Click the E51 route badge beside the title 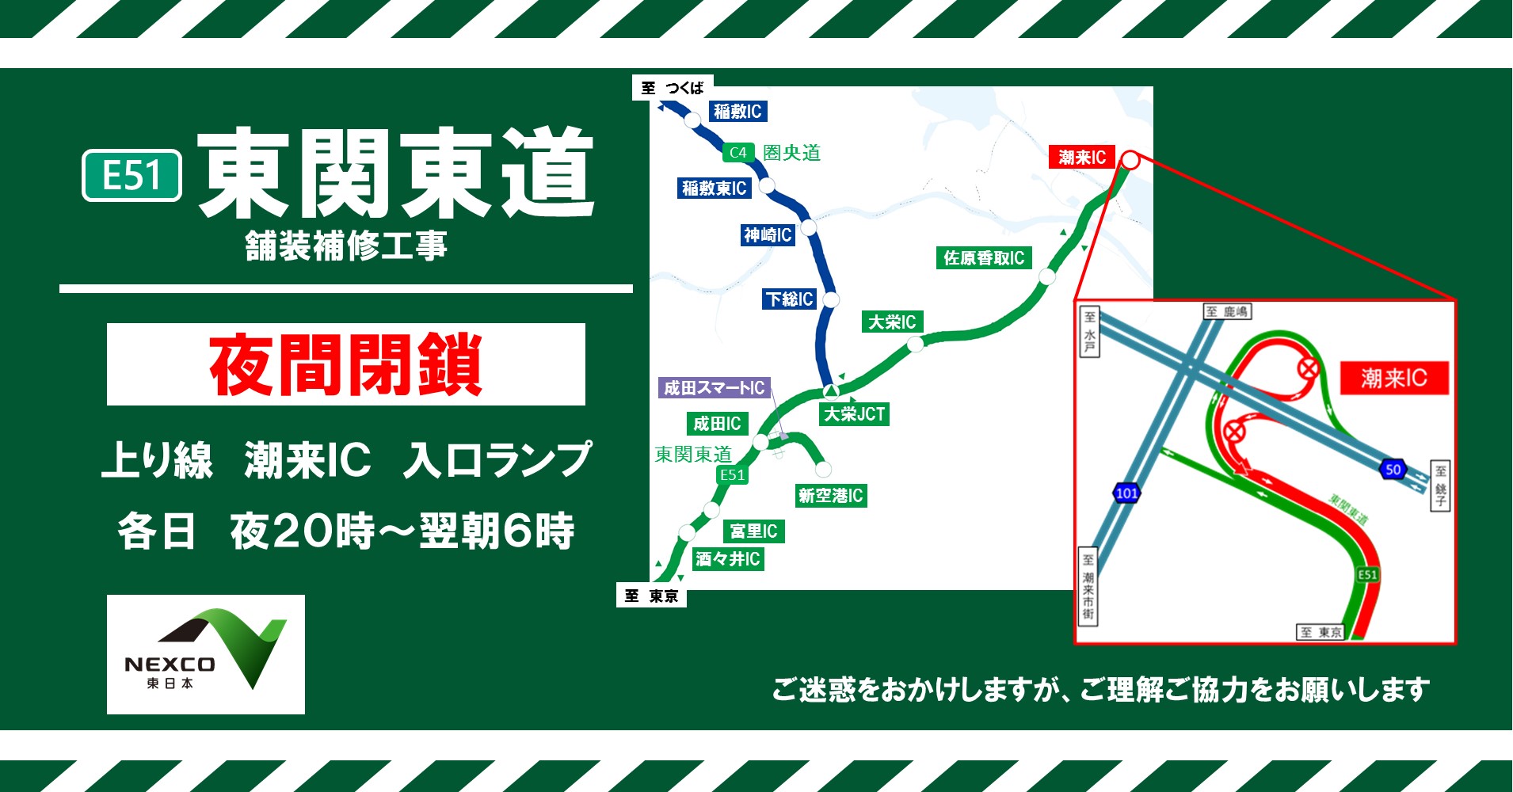point(132,175)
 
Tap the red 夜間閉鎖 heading point(345,364)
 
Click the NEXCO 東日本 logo point(205,654)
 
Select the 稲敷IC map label point(737,112)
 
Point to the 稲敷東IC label point(714,188)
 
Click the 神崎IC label point(767,235)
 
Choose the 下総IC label point(789,299)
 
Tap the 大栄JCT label point(854,414)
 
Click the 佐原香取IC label point(983,258)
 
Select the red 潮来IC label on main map point(1081,158)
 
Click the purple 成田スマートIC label point(714,388)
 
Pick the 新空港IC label point(830,496)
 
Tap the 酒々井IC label point(727,559)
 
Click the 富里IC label point(753,531)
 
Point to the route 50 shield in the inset point(1393,469)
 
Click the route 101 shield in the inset point(1126,493)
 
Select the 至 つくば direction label point(673,88)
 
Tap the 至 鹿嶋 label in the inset point(1227,312)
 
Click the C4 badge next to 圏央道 point(737,153)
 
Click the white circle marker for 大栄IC point(915,345)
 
